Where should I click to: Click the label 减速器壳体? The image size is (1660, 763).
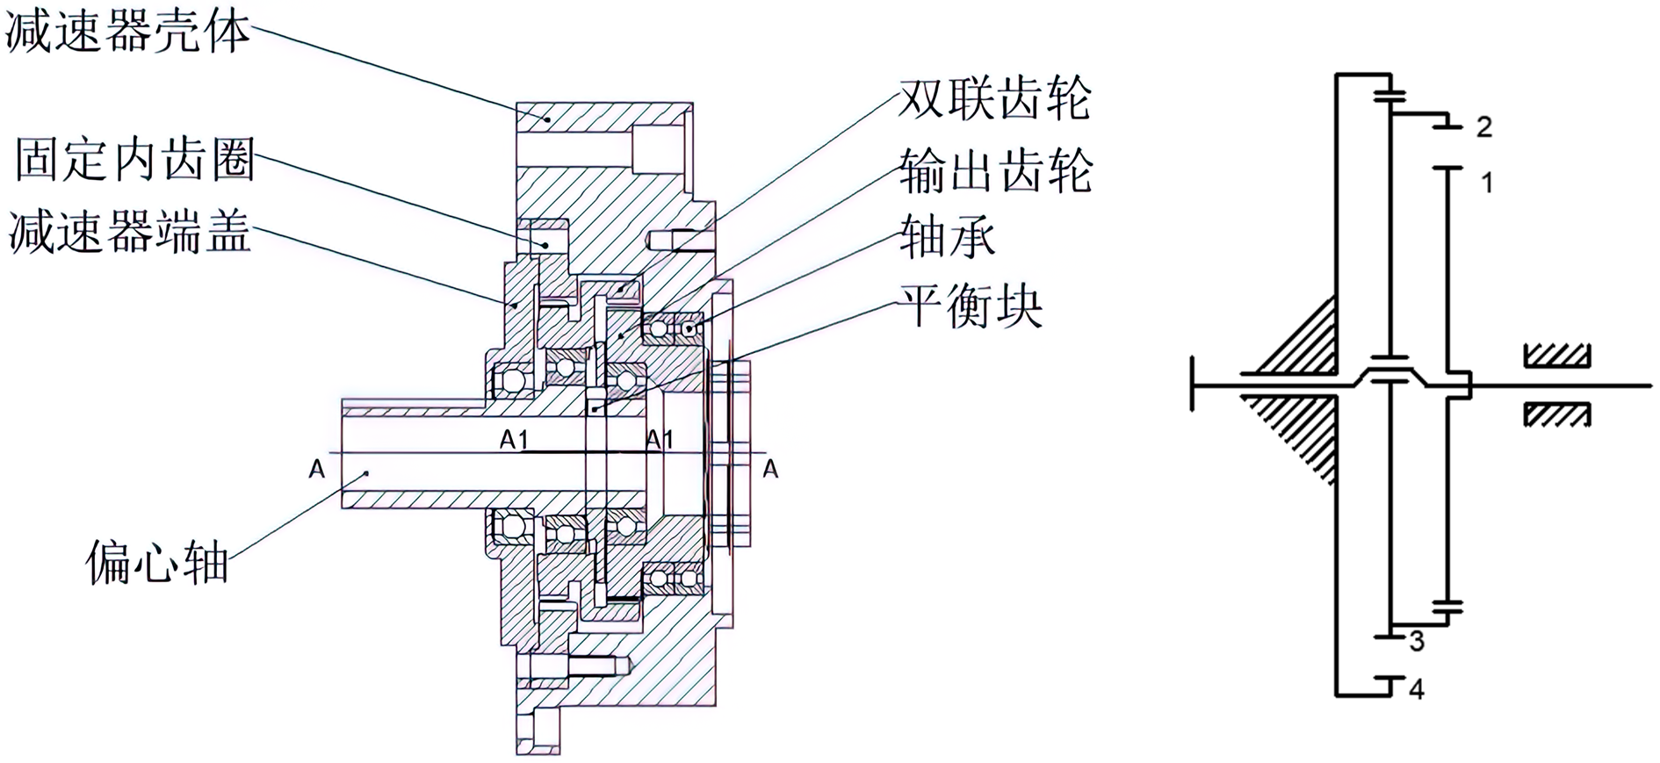tap(127, 32)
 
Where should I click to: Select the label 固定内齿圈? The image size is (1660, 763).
tap(134, 160)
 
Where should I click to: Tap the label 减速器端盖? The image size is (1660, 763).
tap(130, 232)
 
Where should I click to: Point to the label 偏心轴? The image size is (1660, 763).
tap(157, 562)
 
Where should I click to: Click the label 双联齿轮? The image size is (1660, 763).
tap(995, 97)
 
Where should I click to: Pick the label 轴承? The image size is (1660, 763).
tap(947, 237)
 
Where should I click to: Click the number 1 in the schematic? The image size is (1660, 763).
tap(1486, 183)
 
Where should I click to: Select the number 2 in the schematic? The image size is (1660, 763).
tap(1483, 127)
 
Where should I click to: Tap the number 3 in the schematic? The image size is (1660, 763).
tap(1417, 641)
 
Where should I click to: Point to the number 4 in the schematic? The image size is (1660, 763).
tap(1416, 688)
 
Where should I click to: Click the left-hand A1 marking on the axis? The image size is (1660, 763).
tap(514, 439)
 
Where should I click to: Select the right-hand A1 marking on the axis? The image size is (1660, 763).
tap(660, 439)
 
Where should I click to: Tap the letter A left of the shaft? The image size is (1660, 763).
tap(317, 469)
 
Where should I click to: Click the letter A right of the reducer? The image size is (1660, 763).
tap(770, 469)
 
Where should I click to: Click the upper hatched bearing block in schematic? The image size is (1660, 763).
tap(1556, 356)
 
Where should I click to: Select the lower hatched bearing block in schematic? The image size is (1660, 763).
tap(1556, 414)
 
